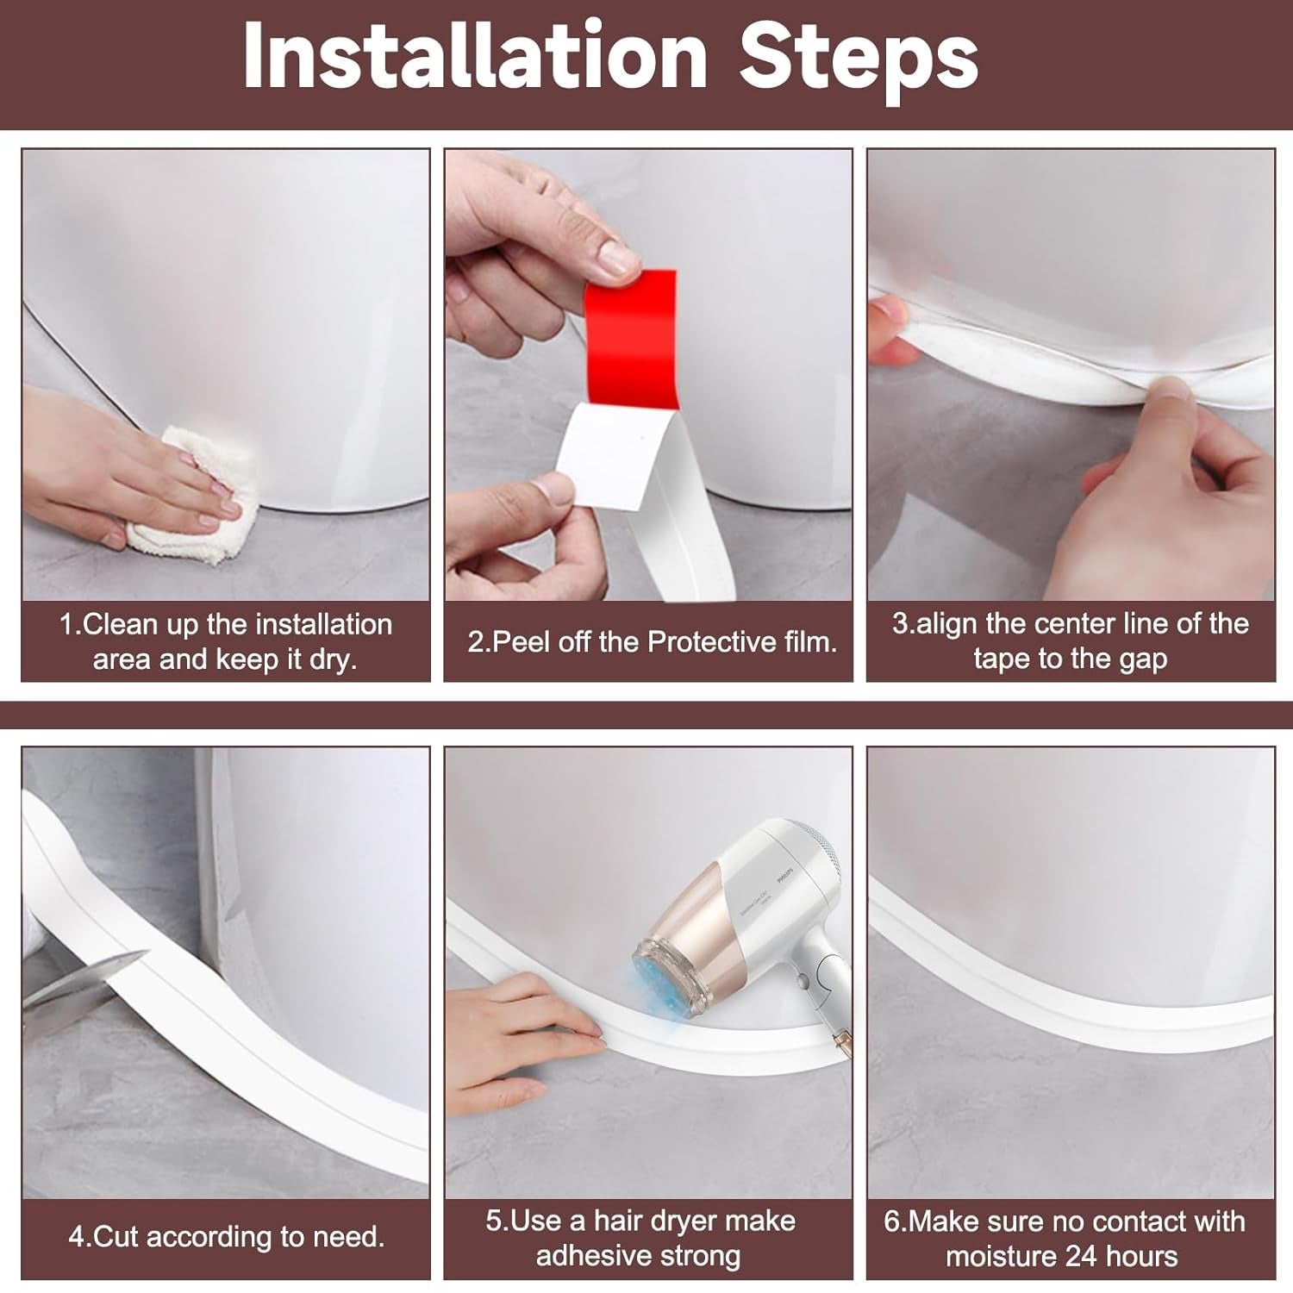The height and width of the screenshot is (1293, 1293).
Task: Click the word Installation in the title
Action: coord(475,57)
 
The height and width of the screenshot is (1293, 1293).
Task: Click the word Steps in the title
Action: coord(859,57)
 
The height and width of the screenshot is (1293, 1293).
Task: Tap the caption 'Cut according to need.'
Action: coord(226,1237)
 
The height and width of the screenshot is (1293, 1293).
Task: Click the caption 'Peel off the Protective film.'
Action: coord(652,642)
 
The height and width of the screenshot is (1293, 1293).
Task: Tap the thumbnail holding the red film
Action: coord(614,257)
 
